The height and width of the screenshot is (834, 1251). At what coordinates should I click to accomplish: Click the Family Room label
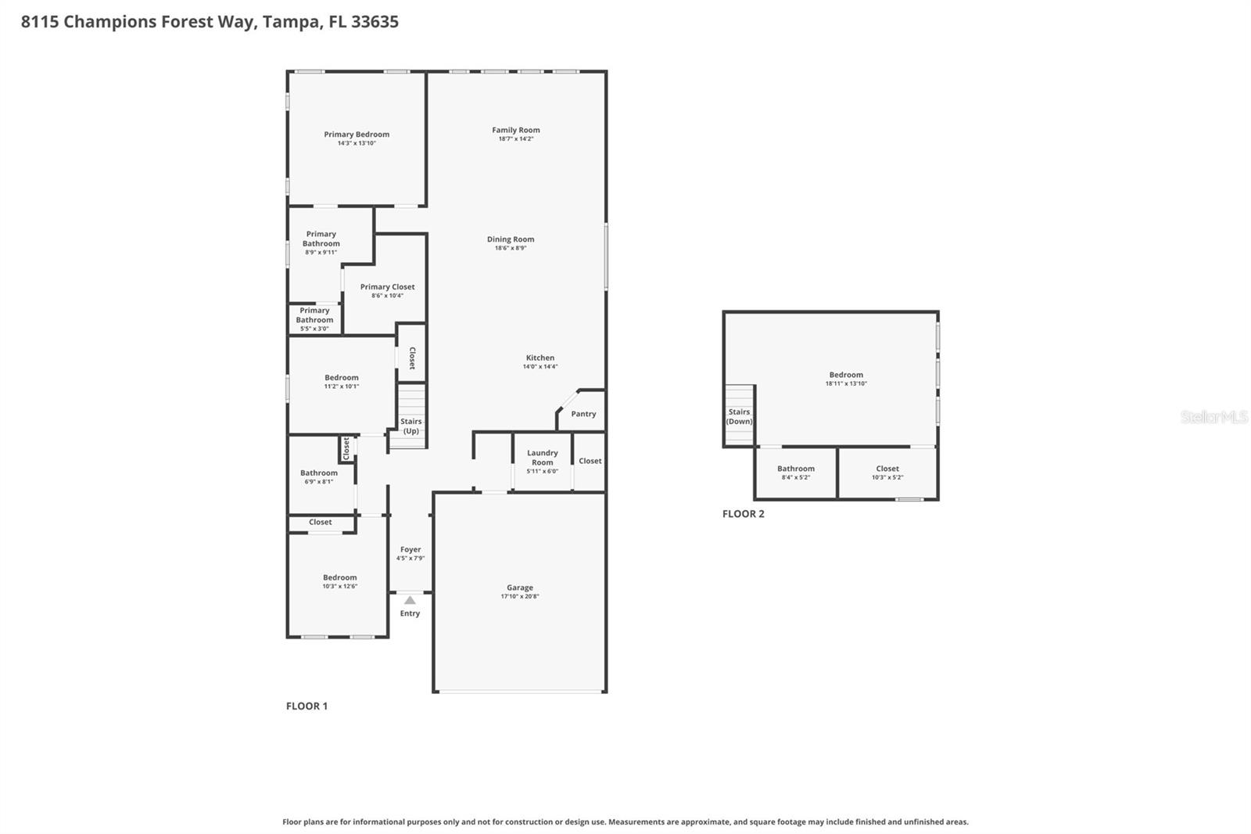[x=515, y=130]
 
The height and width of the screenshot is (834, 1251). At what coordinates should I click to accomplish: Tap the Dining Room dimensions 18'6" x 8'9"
[x=511, y=248]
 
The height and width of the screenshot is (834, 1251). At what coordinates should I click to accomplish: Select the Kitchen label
[x=539, y=358]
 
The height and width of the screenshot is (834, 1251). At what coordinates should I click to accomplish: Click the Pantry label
[x=583, y=414]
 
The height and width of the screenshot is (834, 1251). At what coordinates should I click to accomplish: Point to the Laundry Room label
[x=542, y=457]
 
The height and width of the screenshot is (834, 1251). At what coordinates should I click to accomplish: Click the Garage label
[x=519, y=588]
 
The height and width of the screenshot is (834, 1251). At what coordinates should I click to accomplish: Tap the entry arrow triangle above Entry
[x=410, y=600]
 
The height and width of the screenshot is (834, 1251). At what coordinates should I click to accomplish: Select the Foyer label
[x=410, y=549]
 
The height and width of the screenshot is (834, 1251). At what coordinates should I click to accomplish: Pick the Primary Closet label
[x=387, y=286]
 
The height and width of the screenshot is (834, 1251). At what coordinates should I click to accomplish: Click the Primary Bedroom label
[x=357, y=135]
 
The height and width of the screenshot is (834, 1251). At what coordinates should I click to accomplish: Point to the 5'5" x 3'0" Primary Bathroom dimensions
[x=314, y=329]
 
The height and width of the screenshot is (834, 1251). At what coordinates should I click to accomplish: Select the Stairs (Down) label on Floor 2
[x=739, y=416]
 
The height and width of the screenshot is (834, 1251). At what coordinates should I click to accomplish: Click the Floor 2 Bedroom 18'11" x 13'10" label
[x=846, y=375]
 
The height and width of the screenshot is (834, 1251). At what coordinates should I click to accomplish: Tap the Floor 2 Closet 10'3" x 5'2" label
[x=887, y=469]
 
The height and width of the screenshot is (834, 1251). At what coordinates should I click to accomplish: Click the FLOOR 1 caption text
[x=306, y=706]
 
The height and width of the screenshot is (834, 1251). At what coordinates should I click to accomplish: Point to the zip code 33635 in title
[x=375, y=21]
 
